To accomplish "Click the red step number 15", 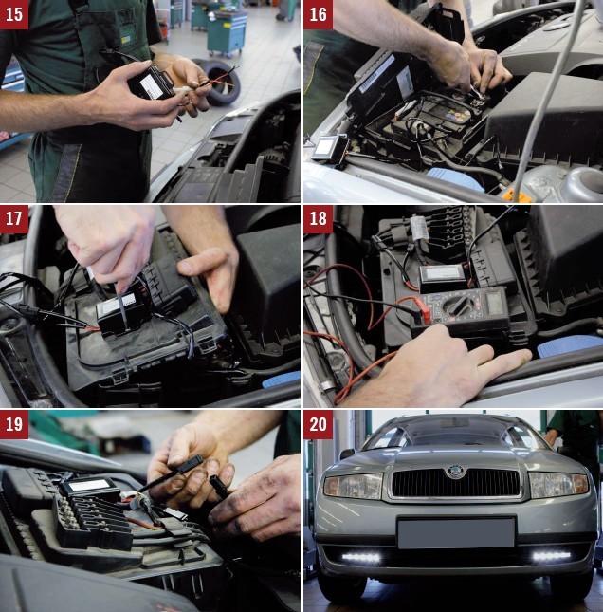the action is pyautogui.click(x=14, y=14).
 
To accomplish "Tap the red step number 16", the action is pyautogui.click(x=318, y=14).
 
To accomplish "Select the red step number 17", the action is pyautogui.click(x=14, y=219).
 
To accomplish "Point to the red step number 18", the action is pyautogui.click(x=318, y=219).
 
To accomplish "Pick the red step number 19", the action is pyautogui.click(x=14, y=424).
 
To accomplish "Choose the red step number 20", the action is pyautogui.click(x=318, y=424).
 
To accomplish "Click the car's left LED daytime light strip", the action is pyautogui.click(x=361, y=557).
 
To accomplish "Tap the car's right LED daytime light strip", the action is pyautogui.click(x=552, y=555).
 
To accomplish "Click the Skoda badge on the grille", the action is pyautogui.click(x=455, y=472).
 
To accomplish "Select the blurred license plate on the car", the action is pyautogui.click(x=456, y=532).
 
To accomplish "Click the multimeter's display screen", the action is pyautogui.click(x=495, y=303).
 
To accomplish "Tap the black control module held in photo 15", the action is pyautogui.click(x=152, y=83).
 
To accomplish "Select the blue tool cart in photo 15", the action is pyautogui.click(x=227, y=33).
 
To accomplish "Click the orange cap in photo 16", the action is pyautogui.click(x=515, y=195).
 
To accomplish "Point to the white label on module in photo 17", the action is pyautogui.click(x=119, y=304).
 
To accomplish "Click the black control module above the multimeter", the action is pyautogui.click(x=445, y=277).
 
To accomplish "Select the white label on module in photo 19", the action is pyautogui.click(x=90, y=485).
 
